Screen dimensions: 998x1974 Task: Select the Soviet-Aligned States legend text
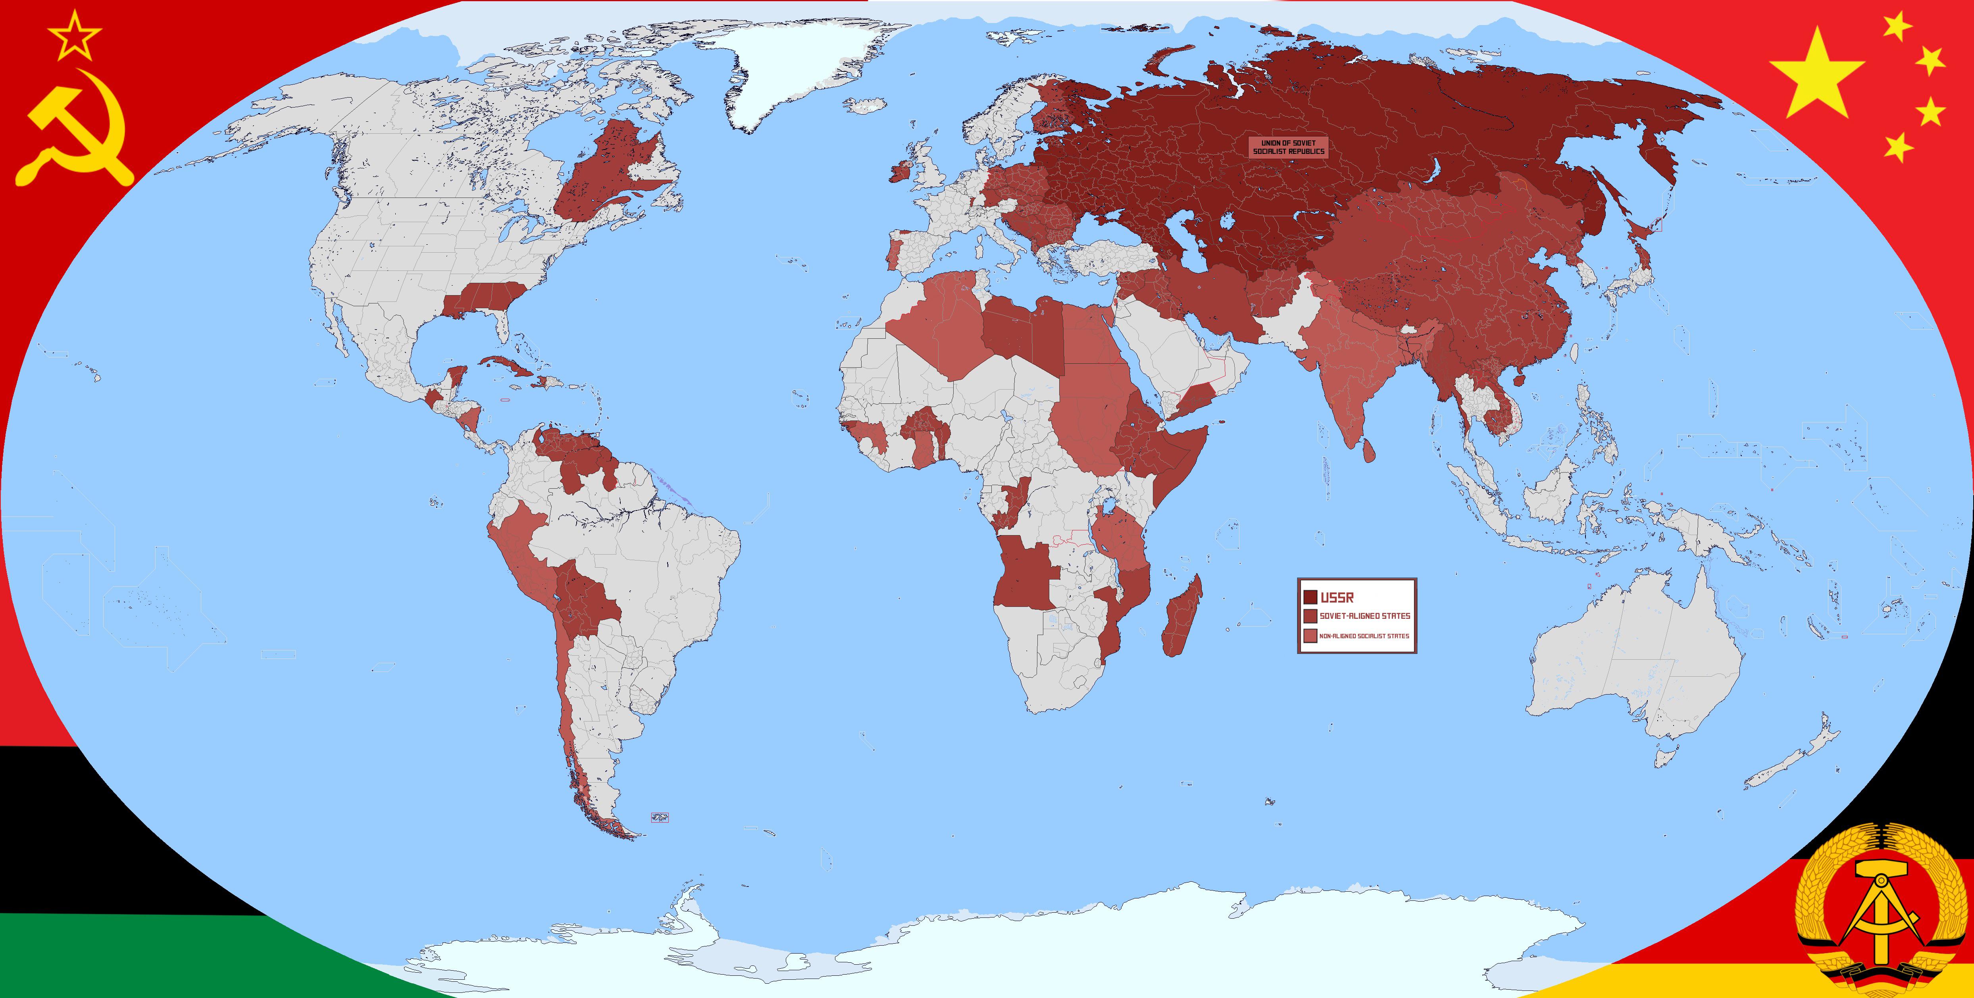coord(1364,616)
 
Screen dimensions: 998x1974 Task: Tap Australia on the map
coord(1632,651)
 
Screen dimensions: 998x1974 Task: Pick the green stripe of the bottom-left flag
coord(115,965)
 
